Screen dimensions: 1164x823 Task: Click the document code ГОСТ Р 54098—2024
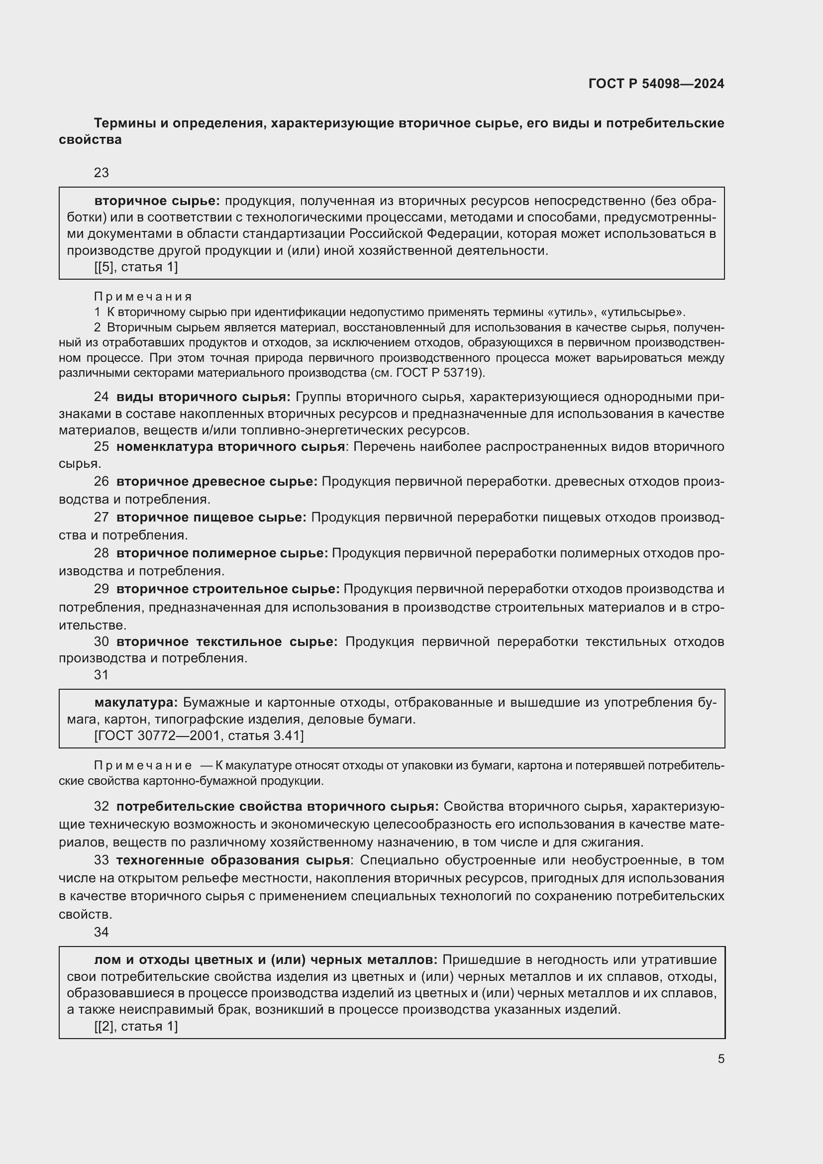656,84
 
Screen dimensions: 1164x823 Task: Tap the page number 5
720,1058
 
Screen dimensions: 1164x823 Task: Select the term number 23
102,173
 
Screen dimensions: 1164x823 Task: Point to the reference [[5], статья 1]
136,267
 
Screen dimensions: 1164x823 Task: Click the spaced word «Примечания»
143,297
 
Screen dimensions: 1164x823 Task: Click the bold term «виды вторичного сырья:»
203,397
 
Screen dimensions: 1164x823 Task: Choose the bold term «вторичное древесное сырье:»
216,482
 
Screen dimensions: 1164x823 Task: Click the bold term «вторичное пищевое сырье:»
211,518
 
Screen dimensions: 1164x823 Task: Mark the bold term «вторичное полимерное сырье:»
222,553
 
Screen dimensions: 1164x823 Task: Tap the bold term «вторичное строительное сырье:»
227,589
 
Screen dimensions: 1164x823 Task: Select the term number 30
102,642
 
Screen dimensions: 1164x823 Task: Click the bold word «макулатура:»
136,703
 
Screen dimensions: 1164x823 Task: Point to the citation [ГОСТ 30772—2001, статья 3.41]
199,736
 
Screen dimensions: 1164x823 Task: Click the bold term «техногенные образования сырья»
232,860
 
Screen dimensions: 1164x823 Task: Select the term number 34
102,932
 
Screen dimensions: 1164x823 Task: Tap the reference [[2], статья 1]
136,1027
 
